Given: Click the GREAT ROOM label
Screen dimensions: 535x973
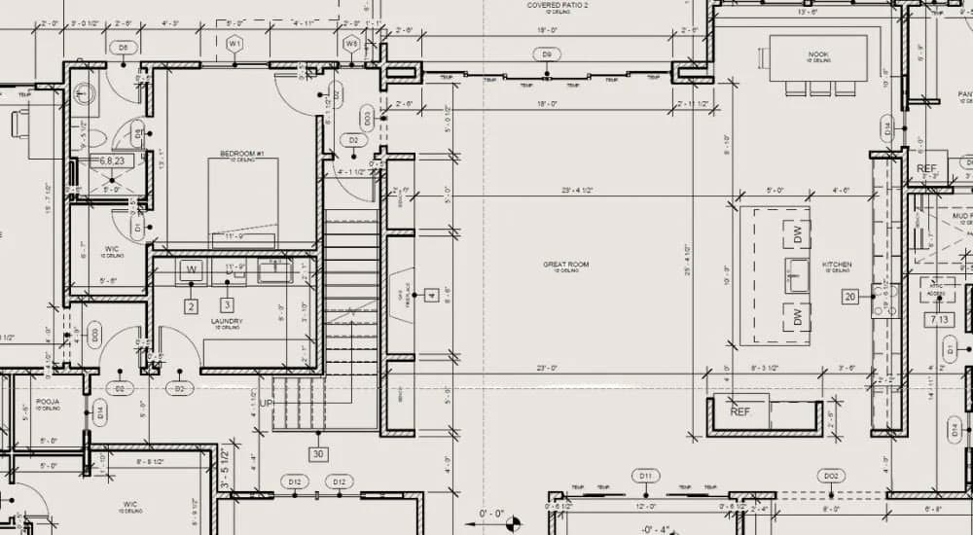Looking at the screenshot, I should (x=565, y=265).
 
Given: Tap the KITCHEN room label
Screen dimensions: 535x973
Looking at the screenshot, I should (x=837, y=265).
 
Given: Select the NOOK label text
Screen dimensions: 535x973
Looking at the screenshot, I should (x=817, y=54).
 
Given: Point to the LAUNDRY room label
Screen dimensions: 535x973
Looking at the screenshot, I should (x=226, y=321).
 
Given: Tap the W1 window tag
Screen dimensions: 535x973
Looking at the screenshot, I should (x=234, y=44).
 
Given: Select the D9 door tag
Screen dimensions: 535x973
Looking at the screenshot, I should (x=547, y=54).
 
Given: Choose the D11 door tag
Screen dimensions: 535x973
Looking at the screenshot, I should (x=644, y=476).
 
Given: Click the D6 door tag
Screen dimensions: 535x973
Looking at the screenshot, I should (x=123, y=47).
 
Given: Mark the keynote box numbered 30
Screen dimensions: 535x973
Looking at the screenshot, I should (x=318, y=453).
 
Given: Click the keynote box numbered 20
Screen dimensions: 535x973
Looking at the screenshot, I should (x=850, y=297).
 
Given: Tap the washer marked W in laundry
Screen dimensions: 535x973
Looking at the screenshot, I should (x=192, y=269).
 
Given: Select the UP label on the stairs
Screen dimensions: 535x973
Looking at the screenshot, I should (x=266, y=403).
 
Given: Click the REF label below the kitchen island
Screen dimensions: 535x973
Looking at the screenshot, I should (x=740, y=412).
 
